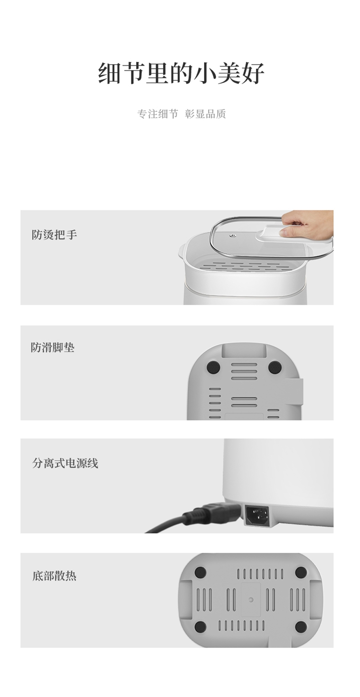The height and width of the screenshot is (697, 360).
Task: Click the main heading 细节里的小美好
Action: click(181, 73)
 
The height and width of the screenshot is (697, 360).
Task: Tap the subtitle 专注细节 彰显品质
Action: click(181, 114)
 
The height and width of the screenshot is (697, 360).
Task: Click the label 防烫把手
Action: click(54, 234)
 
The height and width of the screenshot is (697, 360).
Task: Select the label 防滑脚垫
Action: click(53, 347)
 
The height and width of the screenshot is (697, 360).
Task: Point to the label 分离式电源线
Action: click(65, 463)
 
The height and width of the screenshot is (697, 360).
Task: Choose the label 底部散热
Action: click(54, 576)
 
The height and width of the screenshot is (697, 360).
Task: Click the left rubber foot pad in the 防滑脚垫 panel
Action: click(214, 367)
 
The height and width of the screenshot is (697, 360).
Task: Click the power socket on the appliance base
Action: click(258, 515)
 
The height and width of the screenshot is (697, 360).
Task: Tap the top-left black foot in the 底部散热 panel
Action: click(200, 572)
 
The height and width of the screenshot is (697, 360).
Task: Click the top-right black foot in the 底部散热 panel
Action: click(301, 572)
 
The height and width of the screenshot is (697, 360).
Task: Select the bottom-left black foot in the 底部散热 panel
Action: click(200, 626)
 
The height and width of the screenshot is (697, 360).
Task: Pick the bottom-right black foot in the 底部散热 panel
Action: click(301, 626)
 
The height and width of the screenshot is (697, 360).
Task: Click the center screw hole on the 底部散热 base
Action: click(251, 599)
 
